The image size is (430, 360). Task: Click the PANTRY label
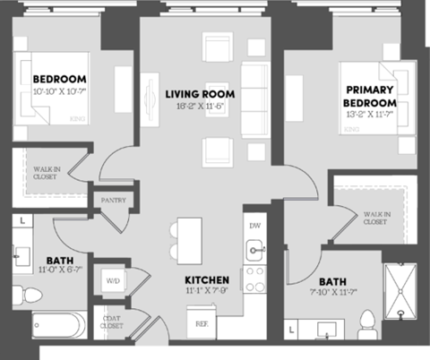coord(113,201)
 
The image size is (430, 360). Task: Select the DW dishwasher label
coord(255,226)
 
